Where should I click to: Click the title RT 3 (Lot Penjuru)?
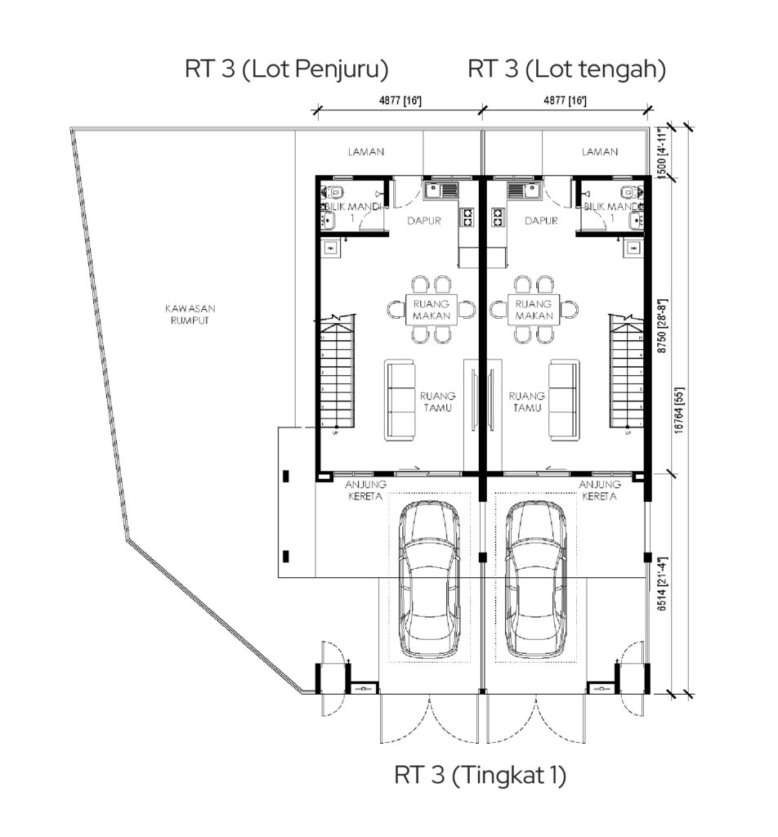click(x=287, y=69)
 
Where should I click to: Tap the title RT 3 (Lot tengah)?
click(x=566, y=69)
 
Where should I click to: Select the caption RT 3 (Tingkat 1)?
click(x=481, y=775)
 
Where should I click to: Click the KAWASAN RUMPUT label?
click(x=190, y=315)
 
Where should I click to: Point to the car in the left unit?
click(x=430, y=580)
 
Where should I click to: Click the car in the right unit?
click(x=536, y=580)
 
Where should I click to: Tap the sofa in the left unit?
click(x=400, y=400)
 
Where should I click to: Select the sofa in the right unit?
click(x=565, y=400)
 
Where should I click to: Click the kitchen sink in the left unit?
click(x=440, y=190)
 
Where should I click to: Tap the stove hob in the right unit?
click(x=498, y=217)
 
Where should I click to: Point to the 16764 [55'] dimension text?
click(x=679, y=410)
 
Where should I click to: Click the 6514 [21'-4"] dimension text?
click(x=662, y=584)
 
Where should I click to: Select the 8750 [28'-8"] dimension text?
click(x=662, y=325)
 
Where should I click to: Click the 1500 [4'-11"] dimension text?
click(x=662, y=153)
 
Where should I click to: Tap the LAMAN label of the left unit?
click(x=366, y=152)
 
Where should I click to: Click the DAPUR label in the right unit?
click(x=542, y=221)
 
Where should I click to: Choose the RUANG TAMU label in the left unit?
click(x=437, y=402)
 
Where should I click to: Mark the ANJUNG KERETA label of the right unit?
click(x=600, y=490)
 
